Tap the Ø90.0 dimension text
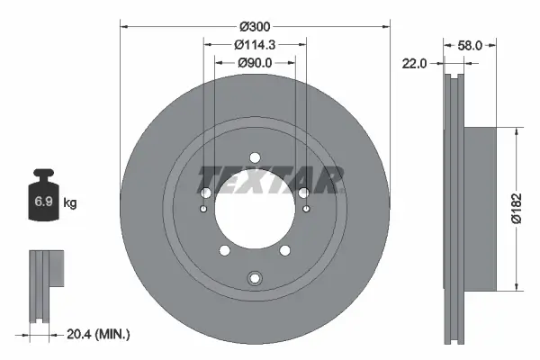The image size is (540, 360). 255,62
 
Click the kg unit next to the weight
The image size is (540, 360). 71,203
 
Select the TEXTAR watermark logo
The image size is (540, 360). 271,179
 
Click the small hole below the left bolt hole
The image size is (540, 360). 204,210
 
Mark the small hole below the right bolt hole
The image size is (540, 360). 305,210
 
